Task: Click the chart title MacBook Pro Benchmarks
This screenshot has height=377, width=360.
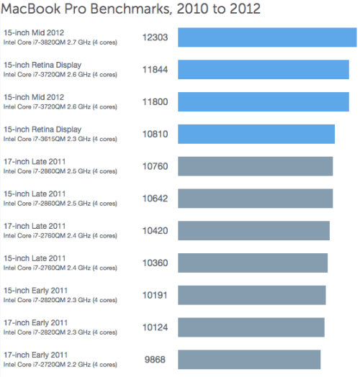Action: tap(131, 9)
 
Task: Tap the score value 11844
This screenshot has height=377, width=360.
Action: tap(156, 70)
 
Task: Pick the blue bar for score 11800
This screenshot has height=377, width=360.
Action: tap(263, 101)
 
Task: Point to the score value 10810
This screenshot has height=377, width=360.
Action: tap(156, 134)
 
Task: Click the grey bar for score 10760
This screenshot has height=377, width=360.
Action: tap(255, 166)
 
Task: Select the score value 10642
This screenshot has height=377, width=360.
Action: tap(156, 199)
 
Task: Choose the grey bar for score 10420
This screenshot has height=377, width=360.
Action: tap(253, 230)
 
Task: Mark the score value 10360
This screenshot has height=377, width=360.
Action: tap(156, 263)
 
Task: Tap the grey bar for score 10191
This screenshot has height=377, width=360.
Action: tap(251, 295)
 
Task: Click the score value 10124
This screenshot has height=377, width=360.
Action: tap(156, 327)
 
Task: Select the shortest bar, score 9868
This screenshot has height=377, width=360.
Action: tap(248, 359)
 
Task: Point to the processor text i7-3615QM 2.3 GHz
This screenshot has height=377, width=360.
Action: tap(60, 140)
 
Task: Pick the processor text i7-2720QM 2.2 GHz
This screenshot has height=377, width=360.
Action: tap(60, 365)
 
